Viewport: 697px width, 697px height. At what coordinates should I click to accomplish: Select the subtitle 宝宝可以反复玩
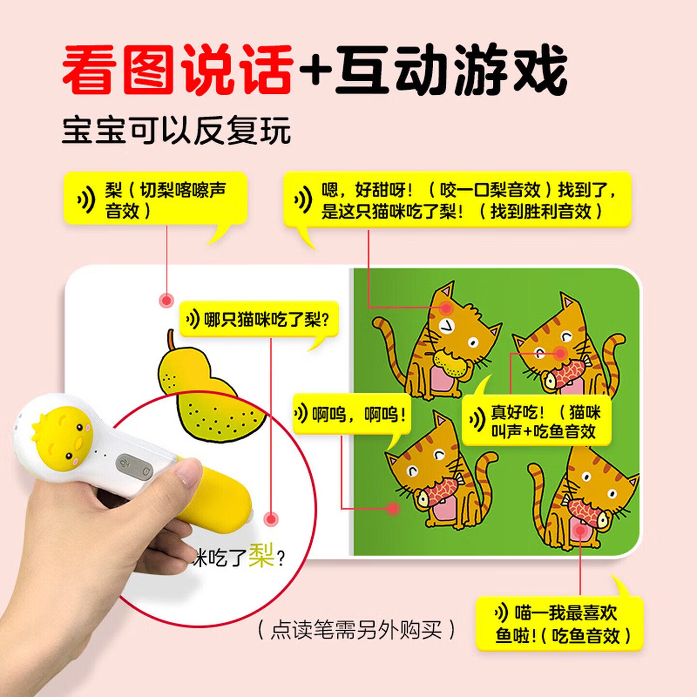[176, 130]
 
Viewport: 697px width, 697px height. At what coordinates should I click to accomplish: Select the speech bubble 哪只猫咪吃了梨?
[259, 319]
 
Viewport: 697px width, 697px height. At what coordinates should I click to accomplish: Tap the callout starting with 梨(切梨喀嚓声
[155, 199]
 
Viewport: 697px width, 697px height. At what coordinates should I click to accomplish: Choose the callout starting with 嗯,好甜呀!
[457, 200]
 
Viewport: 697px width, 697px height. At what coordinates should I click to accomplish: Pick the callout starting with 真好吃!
[536, 421]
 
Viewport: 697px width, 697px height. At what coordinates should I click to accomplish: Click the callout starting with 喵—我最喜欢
[560, 624]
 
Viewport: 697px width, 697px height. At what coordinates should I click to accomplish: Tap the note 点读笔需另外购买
[356, 630]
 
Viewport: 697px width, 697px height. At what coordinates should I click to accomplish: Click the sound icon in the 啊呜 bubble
[301, 414]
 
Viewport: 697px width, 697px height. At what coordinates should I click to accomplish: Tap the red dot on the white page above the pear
[167, 301]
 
